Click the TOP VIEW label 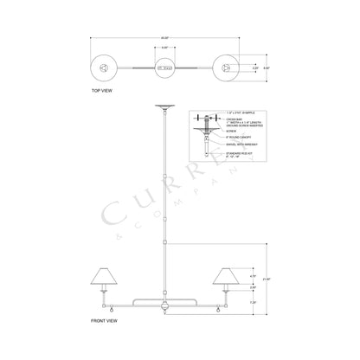click(x=101, y=89)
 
